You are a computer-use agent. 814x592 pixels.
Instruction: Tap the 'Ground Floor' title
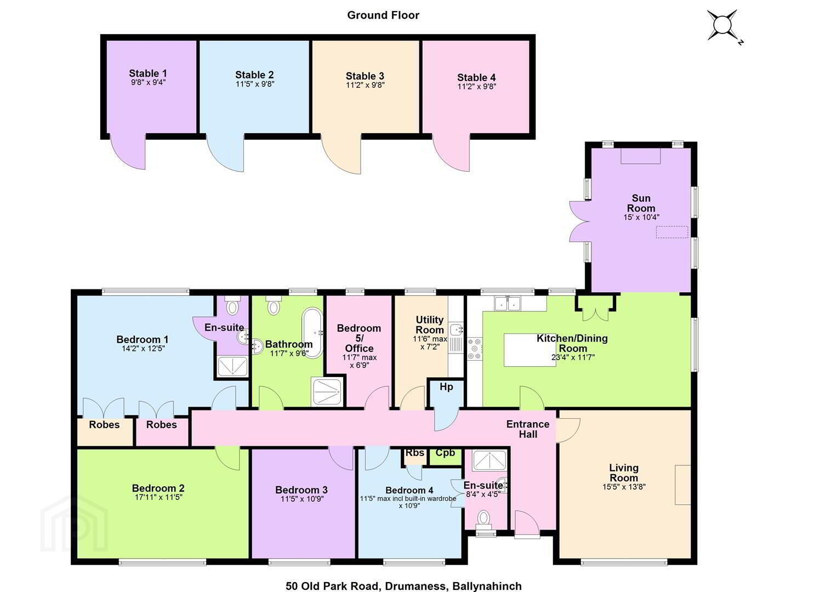pos(383,15)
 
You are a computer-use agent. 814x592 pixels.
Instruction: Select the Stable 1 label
pos(148,73)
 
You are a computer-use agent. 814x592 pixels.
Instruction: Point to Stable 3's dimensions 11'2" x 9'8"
pos(365,85)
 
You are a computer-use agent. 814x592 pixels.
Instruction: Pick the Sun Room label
pos(641,203)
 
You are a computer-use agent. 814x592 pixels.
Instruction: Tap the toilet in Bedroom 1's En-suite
pos(231,305)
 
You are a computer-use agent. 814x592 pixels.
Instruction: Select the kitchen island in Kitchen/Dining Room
pos(530,350)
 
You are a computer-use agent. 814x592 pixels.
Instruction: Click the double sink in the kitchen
pos(508,303)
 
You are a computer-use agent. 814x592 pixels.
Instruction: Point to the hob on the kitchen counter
pos(475,349)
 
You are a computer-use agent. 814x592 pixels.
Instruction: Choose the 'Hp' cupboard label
pos(446,386)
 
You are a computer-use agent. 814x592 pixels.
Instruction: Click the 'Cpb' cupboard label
pos(445,453)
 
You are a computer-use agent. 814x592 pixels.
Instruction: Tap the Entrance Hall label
pos(528,429)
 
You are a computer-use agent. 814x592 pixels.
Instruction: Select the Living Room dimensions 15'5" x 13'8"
pos(624,487)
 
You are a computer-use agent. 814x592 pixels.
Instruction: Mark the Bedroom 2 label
pos(158,488)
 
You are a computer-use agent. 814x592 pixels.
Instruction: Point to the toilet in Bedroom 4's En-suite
pos(483,518)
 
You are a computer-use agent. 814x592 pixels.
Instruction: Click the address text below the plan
pos(403,586)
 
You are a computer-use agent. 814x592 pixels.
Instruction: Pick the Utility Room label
pos(430,325)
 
